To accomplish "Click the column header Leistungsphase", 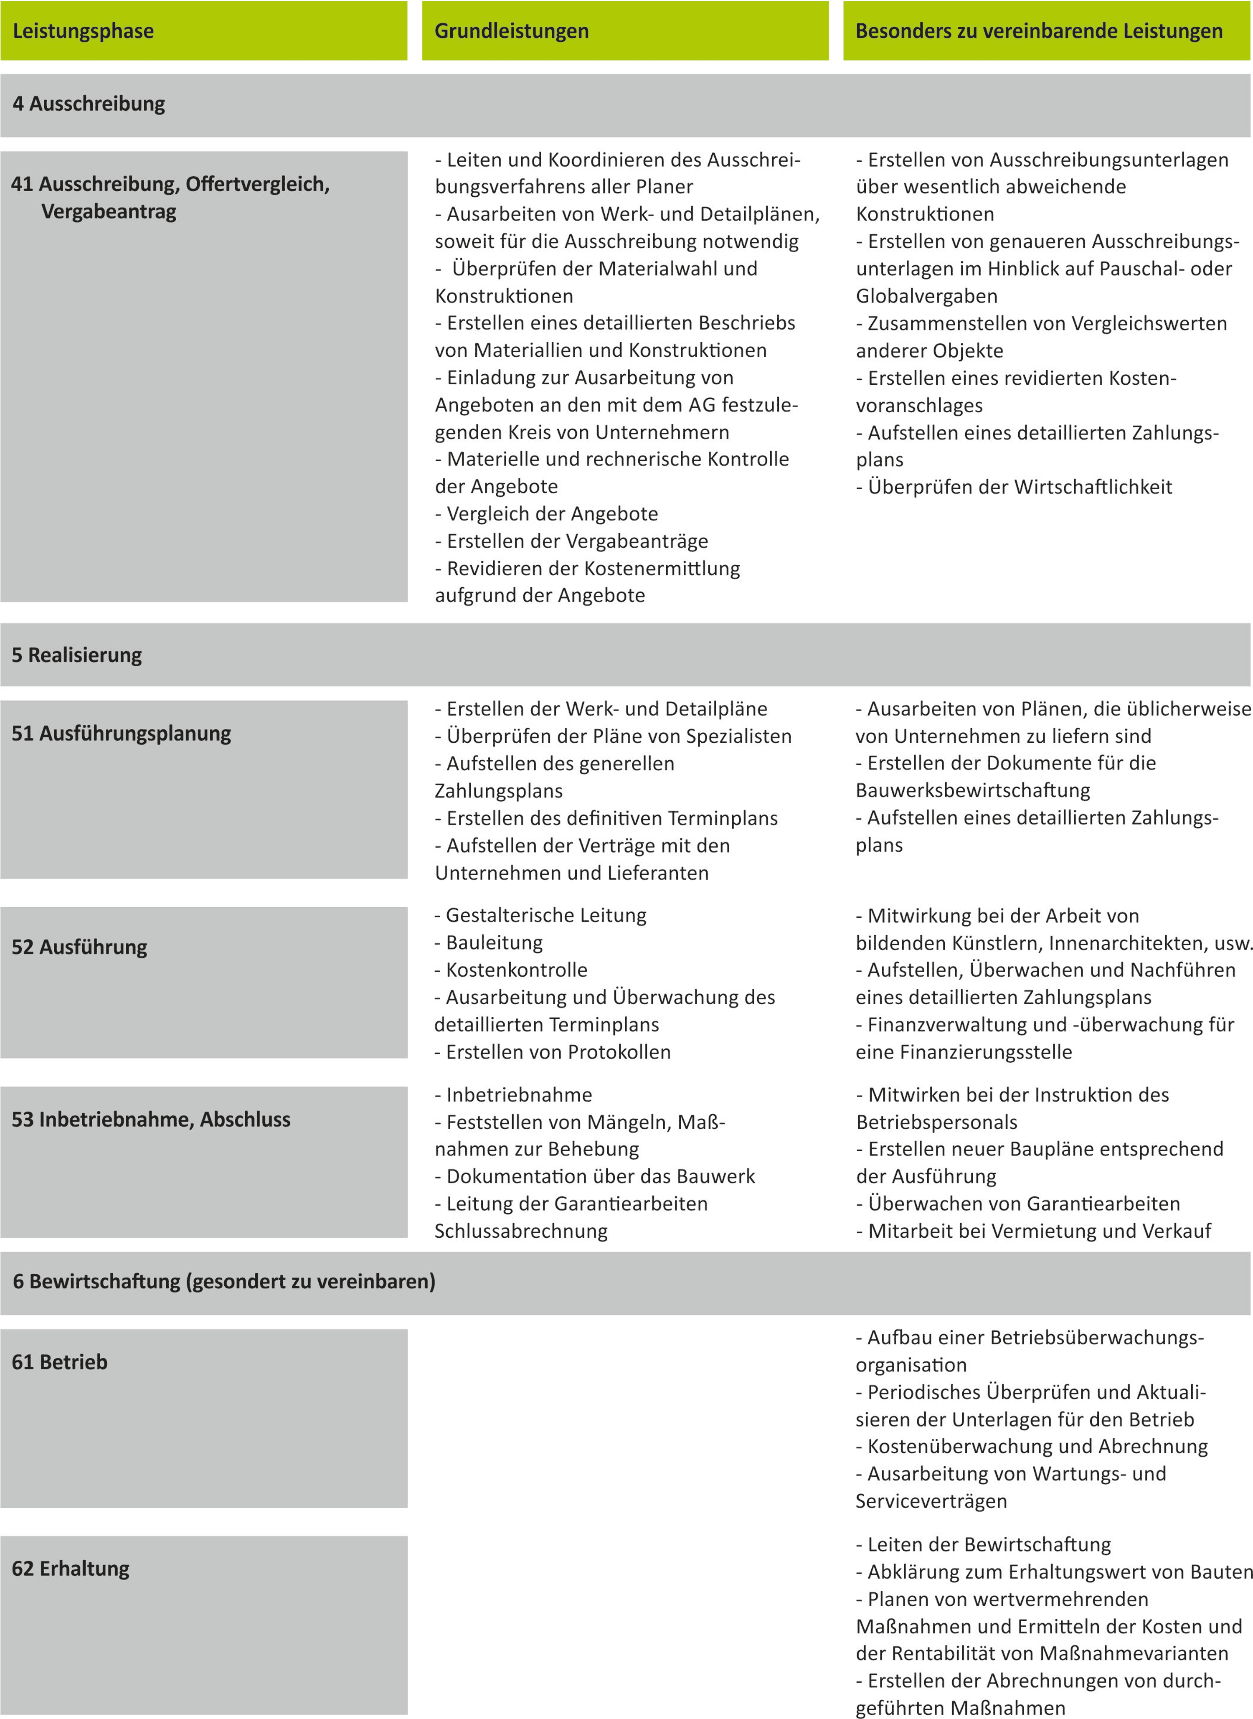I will (84, 31).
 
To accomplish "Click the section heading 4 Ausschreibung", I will (89, 104).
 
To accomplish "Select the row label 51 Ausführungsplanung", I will (122, 734).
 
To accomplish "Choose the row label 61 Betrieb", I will (60, 1362).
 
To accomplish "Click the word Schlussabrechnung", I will (521, 1231).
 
